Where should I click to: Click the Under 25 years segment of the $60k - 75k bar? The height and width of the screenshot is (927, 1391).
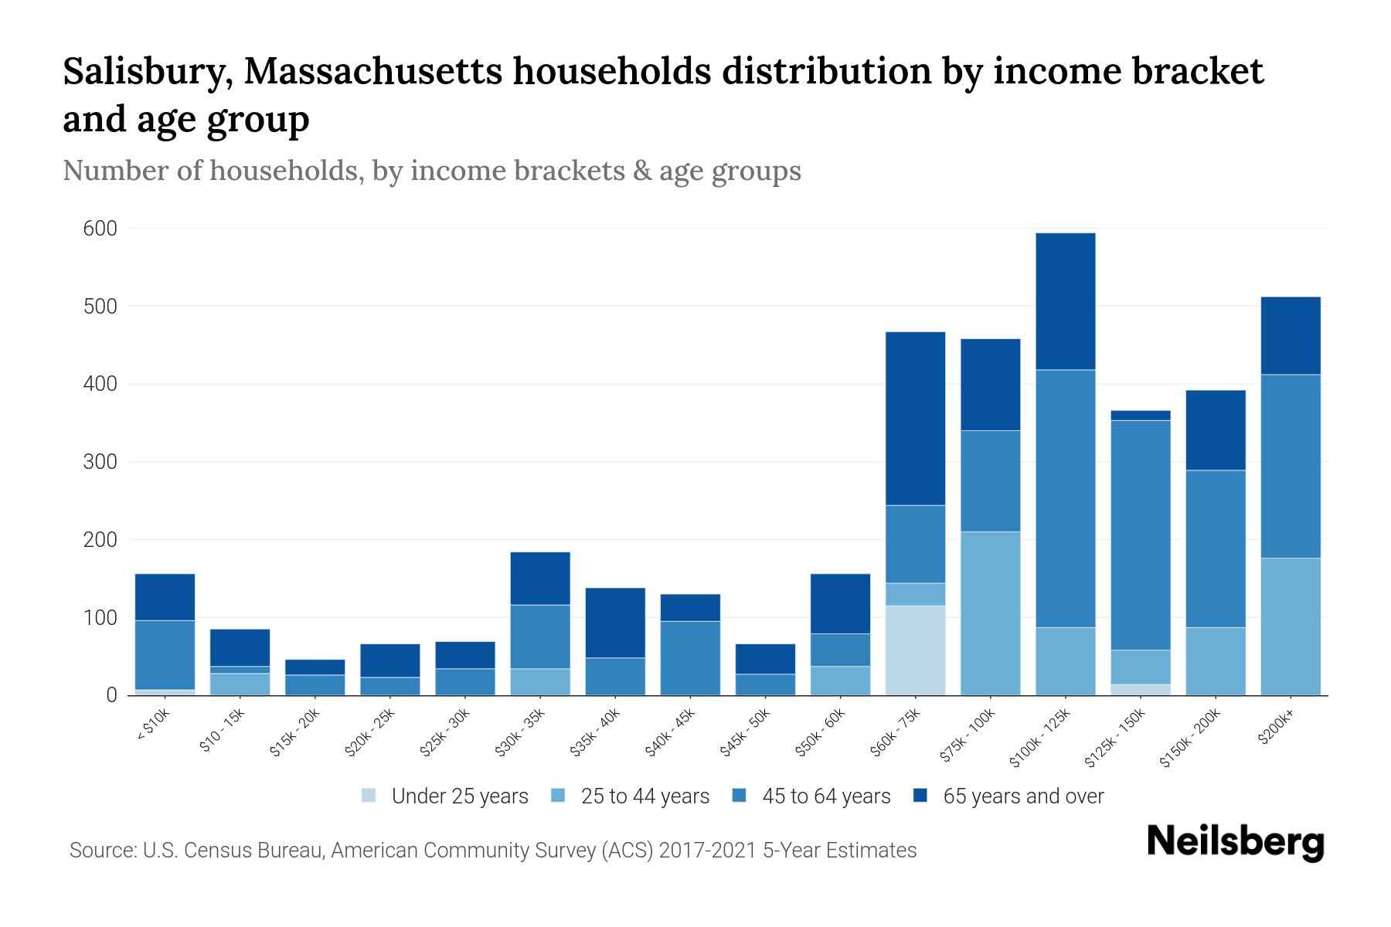[915, 650]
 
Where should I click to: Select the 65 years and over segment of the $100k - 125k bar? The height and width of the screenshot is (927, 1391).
[1066, 301]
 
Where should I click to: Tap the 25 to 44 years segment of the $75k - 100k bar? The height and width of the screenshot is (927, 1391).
[990, 613]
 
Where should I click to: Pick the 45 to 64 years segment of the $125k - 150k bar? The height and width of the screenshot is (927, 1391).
[1141, 535]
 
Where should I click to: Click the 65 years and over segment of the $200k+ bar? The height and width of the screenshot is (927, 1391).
[1291, 335]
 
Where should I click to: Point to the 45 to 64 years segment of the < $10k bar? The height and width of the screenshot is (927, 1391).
[165, 654]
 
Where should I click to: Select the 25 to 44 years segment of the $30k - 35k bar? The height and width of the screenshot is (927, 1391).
[540, 681]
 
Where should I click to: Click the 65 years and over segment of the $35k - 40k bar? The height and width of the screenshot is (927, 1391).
[615, 623]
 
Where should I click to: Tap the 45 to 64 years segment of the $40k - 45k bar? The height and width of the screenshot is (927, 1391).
[690, 657]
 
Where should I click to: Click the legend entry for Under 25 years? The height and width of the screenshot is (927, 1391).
[459, 796]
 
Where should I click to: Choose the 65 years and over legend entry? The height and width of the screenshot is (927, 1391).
[1022, 796]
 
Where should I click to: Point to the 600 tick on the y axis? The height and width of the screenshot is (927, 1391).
[100, 229]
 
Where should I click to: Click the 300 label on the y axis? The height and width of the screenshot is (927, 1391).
[100, 462]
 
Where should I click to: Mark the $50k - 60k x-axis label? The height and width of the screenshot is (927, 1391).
[821, 731]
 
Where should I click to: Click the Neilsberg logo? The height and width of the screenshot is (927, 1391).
[1235, 842]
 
